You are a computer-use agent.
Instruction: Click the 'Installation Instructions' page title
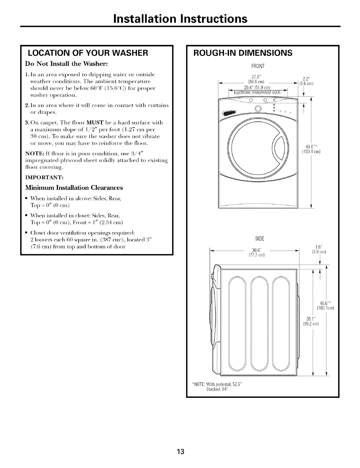180,18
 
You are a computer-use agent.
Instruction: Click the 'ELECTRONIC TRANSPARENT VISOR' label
256,92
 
